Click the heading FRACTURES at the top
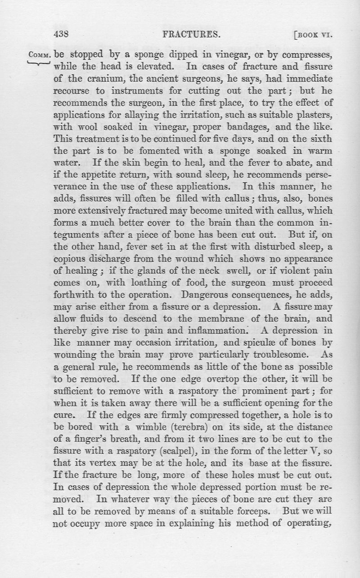tap(186, 34)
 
